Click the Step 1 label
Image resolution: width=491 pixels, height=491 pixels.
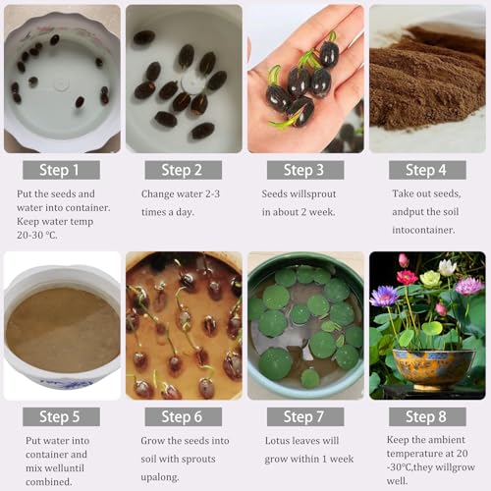(60, 170)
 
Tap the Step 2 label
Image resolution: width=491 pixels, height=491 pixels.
(183, 170)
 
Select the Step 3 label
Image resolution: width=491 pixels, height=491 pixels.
(304, 170)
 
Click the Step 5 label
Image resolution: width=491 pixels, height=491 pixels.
(60, 416)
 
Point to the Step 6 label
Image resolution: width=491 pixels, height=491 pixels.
(183, 416)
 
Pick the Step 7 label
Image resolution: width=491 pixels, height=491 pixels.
(304, 416)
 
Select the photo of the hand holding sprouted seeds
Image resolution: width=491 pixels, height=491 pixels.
(304, 79)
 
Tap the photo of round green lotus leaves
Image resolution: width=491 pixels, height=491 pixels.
(304, 325)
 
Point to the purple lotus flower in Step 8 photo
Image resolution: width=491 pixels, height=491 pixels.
(384, 296)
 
